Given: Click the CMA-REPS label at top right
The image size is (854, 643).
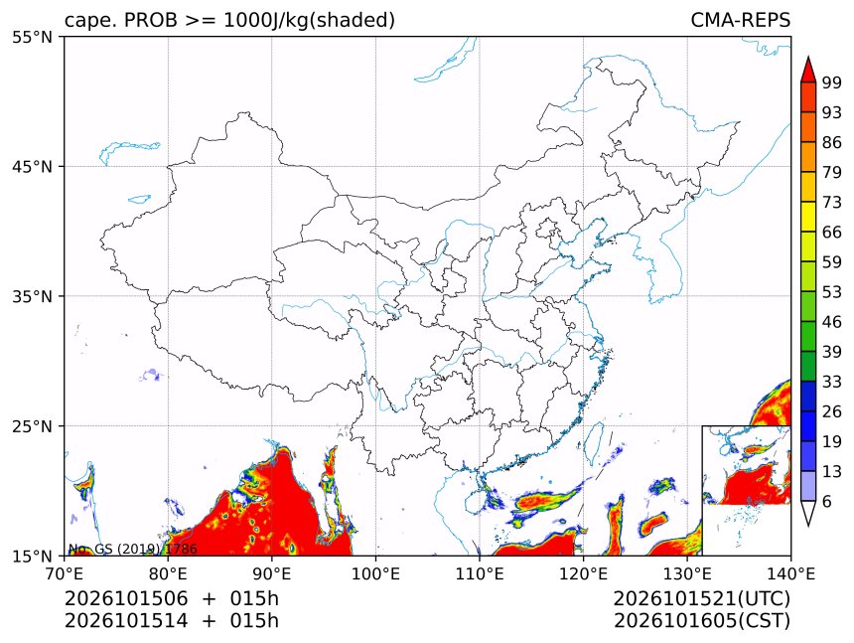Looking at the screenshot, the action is click(740, 20).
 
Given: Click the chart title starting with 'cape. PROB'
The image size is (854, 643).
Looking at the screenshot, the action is click(229, 20).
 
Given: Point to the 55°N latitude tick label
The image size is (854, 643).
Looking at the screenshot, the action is click(32, 37).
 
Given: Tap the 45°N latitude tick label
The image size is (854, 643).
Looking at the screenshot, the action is click(32, 166).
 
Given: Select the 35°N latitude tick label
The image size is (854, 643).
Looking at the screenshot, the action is click(32, 296).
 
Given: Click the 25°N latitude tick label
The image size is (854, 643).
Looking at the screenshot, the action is click(32, 426).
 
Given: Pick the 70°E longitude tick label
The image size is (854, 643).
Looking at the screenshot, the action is click(65, 573).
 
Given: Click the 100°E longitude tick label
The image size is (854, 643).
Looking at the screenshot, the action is click(375, 573).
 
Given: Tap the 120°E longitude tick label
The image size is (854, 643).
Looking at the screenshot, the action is click(583, 573).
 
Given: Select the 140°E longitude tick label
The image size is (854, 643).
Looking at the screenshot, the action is click(790, 573).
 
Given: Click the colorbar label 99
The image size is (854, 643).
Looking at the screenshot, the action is click(832, 82).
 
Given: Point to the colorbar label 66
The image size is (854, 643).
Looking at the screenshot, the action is click(832, 233).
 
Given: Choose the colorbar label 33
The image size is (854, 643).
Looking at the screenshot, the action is click(832, 382).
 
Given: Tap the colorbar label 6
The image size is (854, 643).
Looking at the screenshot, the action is click(827, 501).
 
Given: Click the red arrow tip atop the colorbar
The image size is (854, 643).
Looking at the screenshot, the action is click(808, 57).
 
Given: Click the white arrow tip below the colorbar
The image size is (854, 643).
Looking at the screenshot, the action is click(808, 526).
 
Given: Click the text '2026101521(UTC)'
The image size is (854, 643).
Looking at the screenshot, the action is click(701, 599).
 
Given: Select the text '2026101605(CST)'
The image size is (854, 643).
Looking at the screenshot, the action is click(701, 621).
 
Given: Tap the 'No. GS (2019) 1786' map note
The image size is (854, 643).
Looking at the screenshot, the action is click(132, 549).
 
